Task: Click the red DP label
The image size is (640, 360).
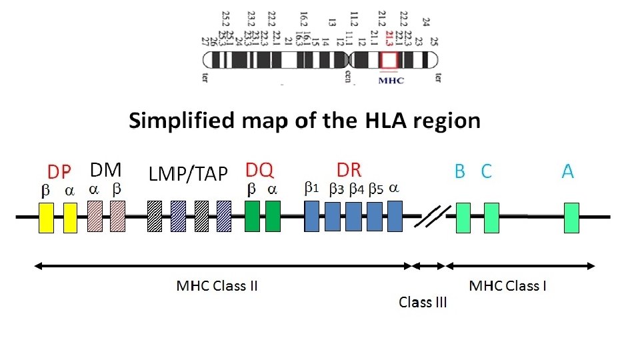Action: pos(59,172)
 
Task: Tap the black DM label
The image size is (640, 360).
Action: pos(105,170)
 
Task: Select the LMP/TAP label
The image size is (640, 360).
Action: pos(188,173)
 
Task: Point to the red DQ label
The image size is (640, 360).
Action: pos(259,170)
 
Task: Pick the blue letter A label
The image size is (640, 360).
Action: pos(567,171)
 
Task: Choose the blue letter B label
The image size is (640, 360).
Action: pos(459,171)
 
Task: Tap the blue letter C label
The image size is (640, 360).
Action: pos(486,171)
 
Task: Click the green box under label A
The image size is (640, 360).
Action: pos(571,218)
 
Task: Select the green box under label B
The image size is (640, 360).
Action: pos(463,218)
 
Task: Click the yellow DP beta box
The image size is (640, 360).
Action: pos(46,218)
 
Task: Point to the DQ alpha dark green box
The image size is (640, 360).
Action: pos(273,216)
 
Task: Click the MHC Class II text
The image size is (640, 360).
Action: pos(217,286)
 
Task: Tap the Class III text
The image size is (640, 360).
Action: pos(423,302)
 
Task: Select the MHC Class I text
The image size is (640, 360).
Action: pos(508,286)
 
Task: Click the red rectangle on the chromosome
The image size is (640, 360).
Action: pos(388,60)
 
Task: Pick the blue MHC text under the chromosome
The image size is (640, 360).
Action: pos(391,81)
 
